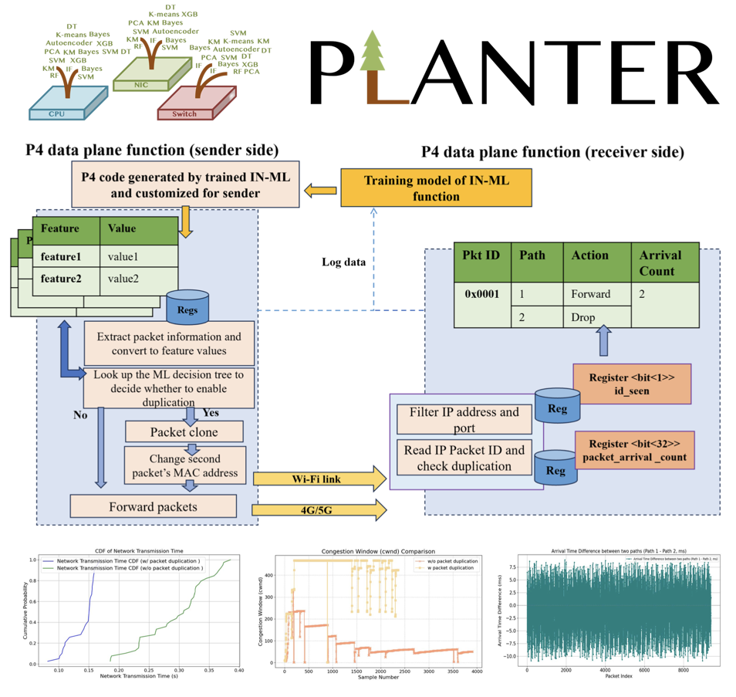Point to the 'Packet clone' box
(x=184, y=431)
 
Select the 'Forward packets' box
(x=153, y=506)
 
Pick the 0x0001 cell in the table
(x=481, y=294)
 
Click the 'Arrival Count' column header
(x=665, y=262)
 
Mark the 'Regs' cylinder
(x=187, y=309)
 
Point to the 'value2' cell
(x=124, y=279)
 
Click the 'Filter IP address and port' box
(x=464, y=419)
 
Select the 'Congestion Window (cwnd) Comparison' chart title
(x=379, y=550)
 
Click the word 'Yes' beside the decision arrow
(x=211, y=413)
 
